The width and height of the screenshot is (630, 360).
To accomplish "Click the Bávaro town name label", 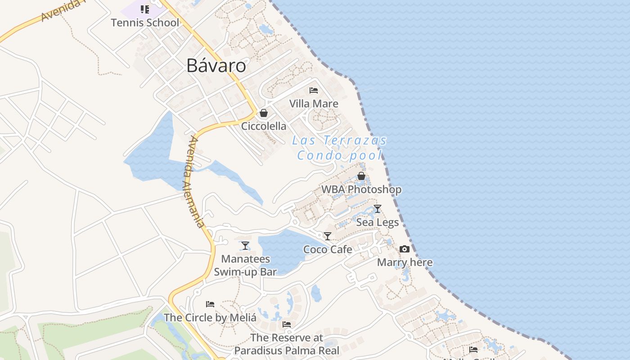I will pyautogui.click(x=216, y=66).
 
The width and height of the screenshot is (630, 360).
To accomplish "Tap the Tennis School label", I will pyautogui.click(x=145, y=22).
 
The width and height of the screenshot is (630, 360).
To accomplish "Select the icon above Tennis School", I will pyautogui.click(x=144, y=9).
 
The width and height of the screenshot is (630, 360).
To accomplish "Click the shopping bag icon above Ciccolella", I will pyautogui.click(x=264, y=113).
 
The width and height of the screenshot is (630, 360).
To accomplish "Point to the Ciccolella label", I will pyautogui.click(x=264, y=126).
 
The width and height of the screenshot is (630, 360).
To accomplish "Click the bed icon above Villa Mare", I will pyautogui.click(x=314, y=90).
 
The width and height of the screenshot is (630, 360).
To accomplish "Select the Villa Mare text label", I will pyautogui.click(x=314, y=103).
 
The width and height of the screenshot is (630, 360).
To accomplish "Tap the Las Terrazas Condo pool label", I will pyautogui.click(x=340, y=148).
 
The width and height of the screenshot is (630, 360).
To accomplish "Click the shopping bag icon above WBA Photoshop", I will pyautogui.click(x=361, y=176).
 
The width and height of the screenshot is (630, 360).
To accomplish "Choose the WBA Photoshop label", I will pyautogui.click(x=361, y=189).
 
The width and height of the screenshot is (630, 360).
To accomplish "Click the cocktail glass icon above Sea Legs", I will pyautogui.click(x=378, y=209).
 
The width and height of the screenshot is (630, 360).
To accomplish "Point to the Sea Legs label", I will pyautogui.click(x=378, y=222).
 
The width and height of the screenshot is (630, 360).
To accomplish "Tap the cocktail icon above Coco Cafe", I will pyautogui.click(x=328, y=236).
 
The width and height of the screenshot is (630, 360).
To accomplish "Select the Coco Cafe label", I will pyautogui.click(x=328, y=249).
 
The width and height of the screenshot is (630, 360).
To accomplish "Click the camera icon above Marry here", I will pyautogui.click(x=405, y=249).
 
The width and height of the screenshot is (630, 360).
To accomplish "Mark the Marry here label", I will pyautogui.click(x=405, y=262).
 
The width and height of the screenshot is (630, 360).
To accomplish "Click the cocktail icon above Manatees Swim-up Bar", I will pyautogui.click(x=245, y=246).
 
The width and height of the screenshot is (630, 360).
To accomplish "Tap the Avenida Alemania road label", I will pyautogui.click(x=195, y=182).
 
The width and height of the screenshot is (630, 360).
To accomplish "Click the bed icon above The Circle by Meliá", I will pyautogui.click(x=210, y=304).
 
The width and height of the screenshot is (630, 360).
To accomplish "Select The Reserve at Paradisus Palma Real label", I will pyautogui.click(x=287, y=344).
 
